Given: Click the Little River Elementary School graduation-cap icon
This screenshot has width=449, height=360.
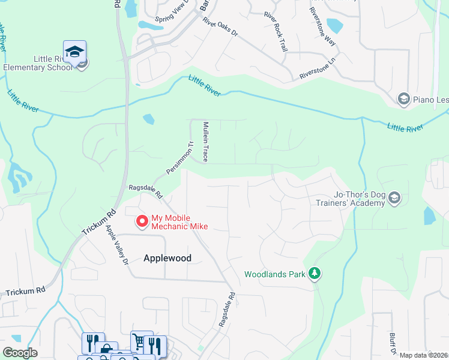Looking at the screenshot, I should pos(74,52).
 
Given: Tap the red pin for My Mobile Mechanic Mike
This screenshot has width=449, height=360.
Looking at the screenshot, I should pos(142,221).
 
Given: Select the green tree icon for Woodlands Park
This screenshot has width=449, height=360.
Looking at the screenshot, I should pos(314,274).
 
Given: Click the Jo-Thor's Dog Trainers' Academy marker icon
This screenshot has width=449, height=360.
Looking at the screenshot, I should pos(394,198).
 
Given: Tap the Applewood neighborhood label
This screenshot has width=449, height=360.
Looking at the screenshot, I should pos(167,258).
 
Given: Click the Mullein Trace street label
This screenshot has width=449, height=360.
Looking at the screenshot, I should pos(205,142).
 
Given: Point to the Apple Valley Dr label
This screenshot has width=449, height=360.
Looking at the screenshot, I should pos(118,245).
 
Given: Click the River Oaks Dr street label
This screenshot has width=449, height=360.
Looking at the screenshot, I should pos(220,28).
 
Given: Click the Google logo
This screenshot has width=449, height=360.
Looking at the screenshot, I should pos(20,353).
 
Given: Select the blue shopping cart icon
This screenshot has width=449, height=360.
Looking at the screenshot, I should pos(139,342).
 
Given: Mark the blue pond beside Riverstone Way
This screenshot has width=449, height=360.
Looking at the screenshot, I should pos(334,26).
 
